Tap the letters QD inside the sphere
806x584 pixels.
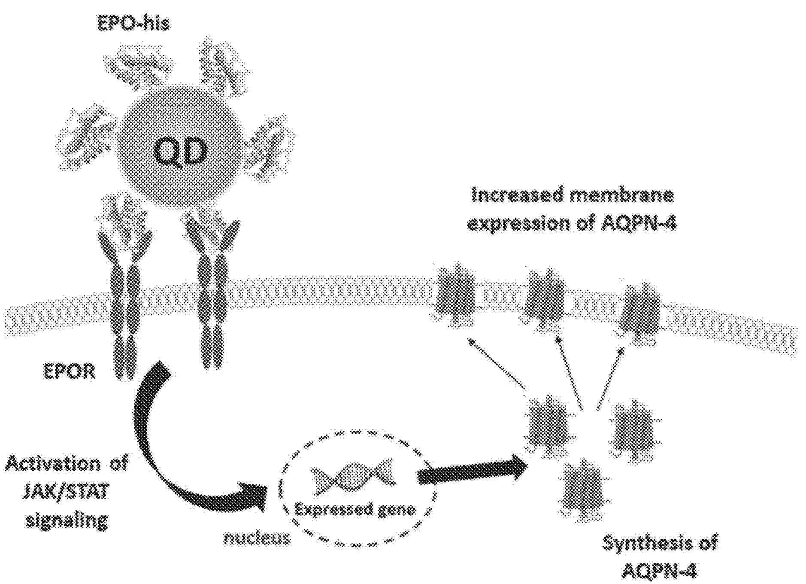point(180,152)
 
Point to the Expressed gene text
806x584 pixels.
point(355,509)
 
